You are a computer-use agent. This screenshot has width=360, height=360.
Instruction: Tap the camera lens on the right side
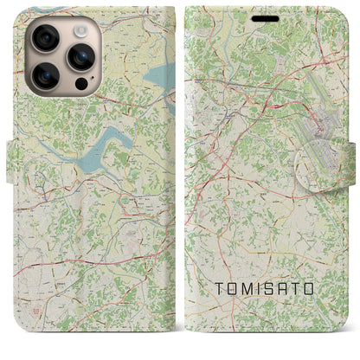click(x=80, y=58)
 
